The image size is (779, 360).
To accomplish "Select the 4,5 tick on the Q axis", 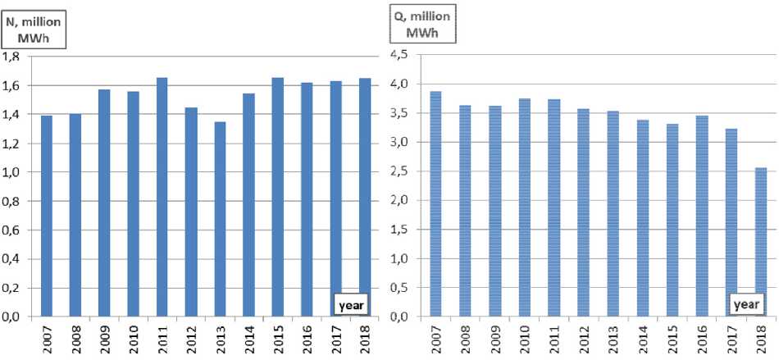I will (x=399, y=55).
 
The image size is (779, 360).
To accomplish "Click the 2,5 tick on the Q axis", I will (x=399, y=171).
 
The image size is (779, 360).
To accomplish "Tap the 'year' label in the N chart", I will (x=353, y=305).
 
